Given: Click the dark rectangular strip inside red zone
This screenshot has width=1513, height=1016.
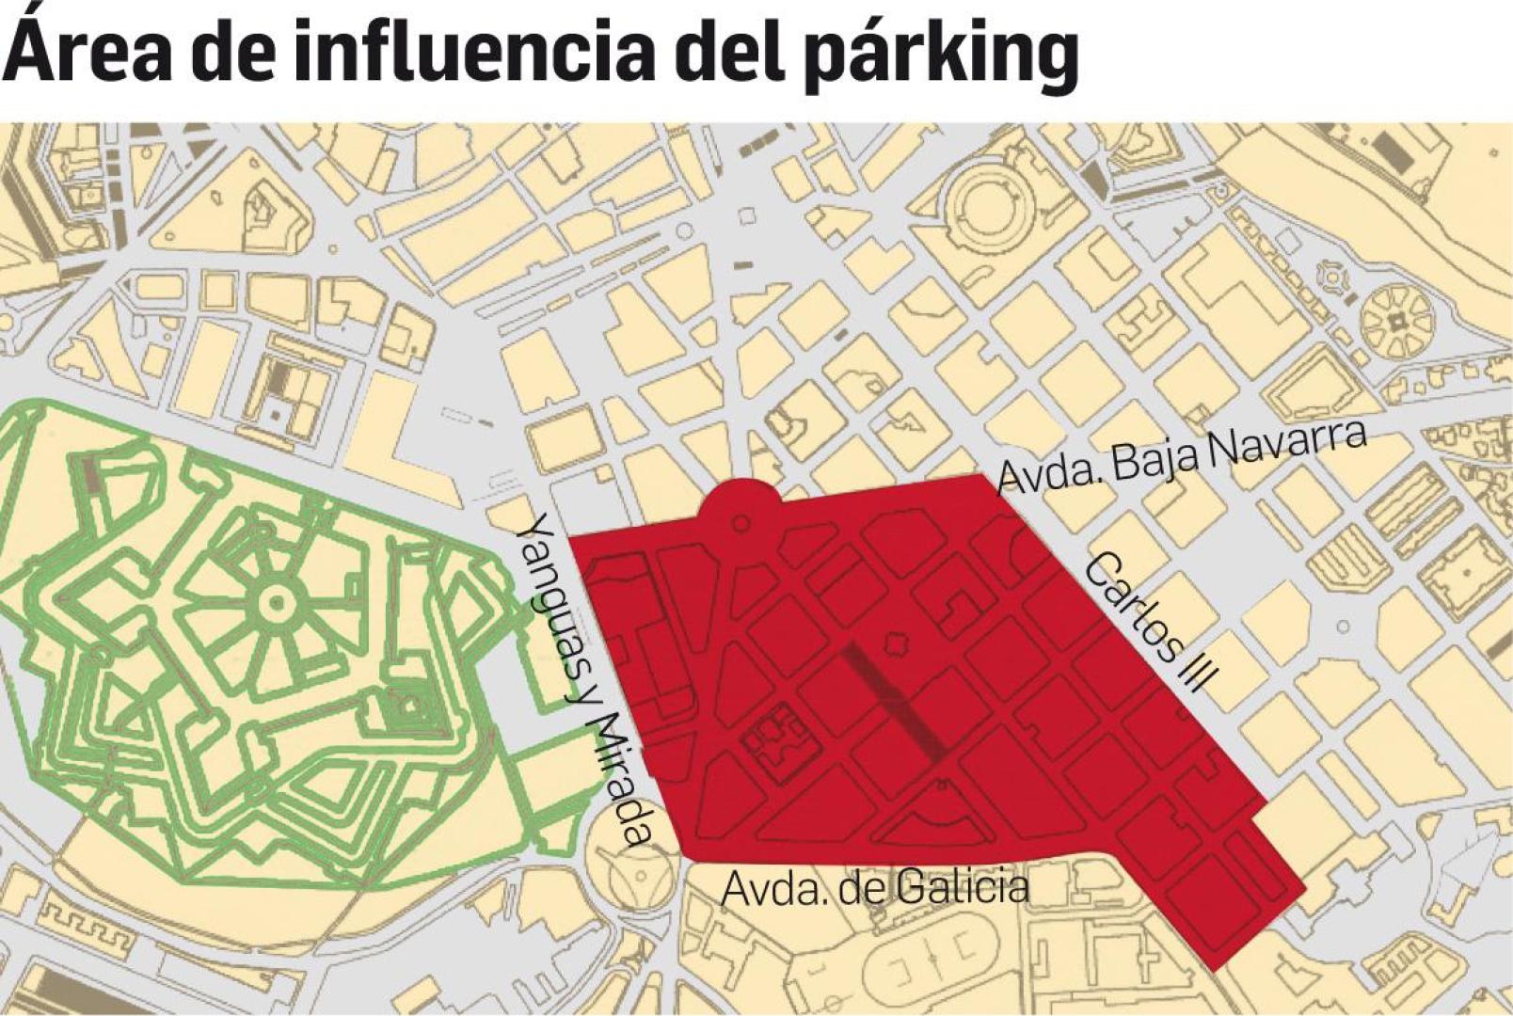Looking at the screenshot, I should tap(894, 701).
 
